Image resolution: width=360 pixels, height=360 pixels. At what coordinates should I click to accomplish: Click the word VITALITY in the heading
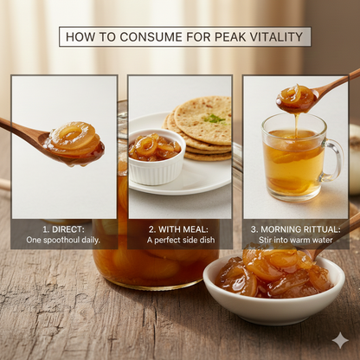273,36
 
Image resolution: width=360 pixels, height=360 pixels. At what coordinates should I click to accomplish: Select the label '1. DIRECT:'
63,228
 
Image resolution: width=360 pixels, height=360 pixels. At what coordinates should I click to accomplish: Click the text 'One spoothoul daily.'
63,240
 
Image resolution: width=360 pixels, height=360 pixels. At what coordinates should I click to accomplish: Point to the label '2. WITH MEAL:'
179,228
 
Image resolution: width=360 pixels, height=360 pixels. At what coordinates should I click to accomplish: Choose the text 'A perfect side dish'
179,240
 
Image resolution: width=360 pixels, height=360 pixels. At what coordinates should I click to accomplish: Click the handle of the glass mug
332,159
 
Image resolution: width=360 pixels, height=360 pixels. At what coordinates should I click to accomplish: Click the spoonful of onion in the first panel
74,142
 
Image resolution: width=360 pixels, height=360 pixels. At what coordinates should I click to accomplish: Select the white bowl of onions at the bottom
273,294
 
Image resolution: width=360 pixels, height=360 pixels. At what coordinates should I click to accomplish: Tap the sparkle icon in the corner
340,340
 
